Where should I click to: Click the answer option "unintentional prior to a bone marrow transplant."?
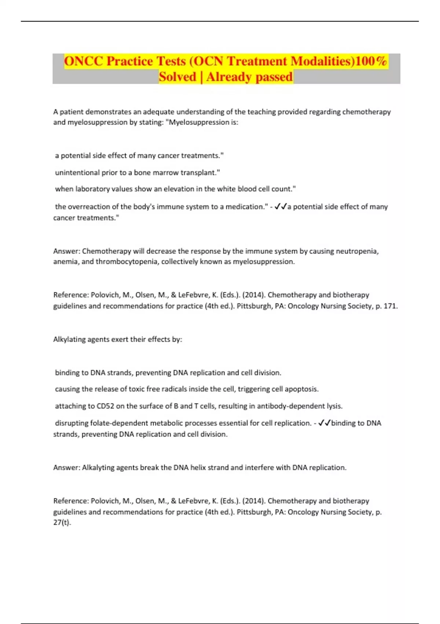click(137, 173)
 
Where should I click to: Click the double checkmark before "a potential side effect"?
click(280, 207)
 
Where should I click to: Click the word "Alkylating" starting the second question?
click(70, 340)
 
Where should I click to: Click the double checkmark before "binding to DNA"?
click(324, 423)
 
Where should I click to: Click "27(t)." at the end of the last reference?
click(62, 522)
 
